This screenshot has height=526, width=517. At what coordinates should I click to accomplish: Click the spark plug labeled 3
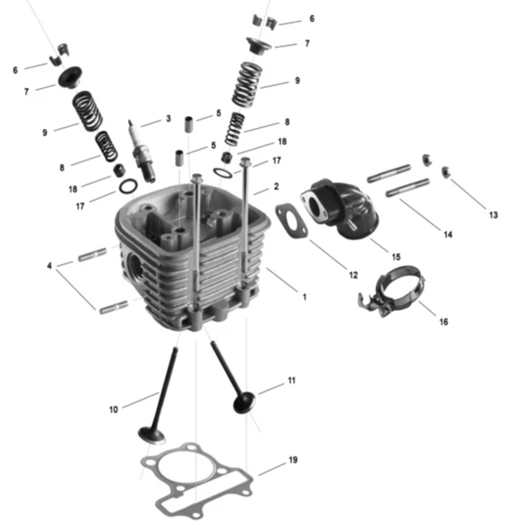point(141,151)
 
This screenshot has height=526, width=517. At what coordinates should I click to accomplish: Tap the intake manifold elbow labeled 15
point(341,209)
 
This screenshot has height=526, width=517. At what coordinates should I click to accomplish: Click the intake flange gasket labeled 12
point(291,220)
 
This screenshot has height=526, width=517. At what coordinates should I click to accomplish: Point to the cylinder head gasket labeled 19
point(196,481)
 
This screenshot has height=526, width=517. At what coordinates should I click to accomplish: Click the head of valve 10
point(151,435)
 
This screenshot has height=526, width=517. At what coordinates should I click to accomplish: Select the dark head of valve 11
point(244,403)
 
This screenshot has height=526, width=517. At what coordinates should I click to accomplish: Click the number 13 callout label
point(493,215)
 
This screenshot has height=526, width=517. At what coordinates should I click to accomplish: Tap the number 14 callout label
point(448,235)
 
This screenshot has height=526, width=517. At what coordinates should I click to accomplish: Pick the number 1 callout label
point(304,297)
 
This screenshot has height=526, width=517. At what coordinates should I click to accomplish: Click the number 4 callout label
point(49,266)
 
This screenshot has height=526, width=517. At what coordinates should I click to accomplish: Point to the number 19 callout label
point(293,460)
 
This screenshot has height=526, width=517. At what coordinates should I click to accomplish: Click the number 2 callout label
point(276,186)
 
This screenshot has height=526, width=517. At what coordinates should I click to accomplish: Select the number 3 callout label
point(169,119)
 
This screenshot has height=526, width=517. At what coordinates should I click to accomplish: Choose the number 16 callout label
point(444,322)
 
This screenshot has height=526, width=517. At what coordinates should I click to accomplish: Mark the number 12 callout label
point(353,275)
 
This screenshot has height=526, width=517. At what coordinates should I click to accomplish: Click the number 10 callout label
point(113,409)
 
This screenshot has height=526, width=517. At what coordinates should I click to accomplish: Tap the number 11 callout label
point(291,380)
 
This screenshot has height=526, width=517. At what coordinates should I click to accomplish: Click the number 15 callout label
point(396,257)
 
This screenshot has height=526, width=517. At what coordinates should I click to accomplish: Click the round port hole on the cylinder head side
point(135,266)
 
